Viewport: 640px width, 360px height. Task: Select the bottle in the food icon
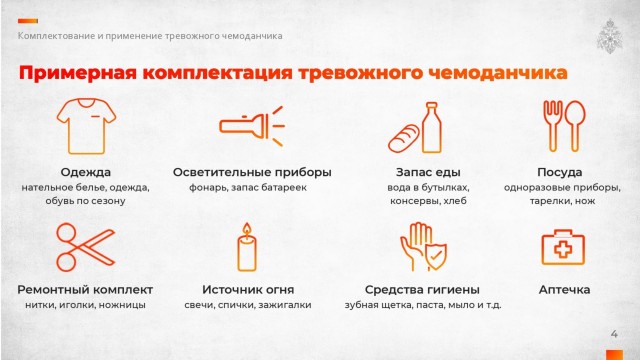(431, 128)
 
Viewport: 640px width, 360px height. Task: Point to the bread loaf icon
(403, 139)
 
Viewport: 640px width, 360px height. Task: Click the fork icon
(553, 126)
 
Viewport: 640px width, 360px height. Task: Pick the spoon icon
(576, 126)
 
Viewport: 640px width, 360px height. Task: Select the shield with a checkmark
(436, 256)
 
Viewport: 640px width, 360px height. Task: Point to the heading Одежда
(86, 172)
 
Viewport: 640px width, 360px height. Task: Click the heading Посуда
(560, 172)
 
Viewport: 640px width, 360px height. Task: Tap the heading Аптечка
(564, 289)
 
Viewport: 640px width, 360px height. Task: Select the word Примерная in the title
(78, 73)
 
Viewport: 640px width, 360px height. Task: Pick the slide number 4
(614, 334)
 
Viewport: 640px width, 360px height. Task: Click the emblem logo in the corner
(609, 36)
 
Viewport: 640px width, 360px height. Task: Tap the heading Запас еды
(428, 172)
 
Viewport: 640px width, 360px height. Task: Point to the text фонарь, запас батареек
(248, 188)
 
